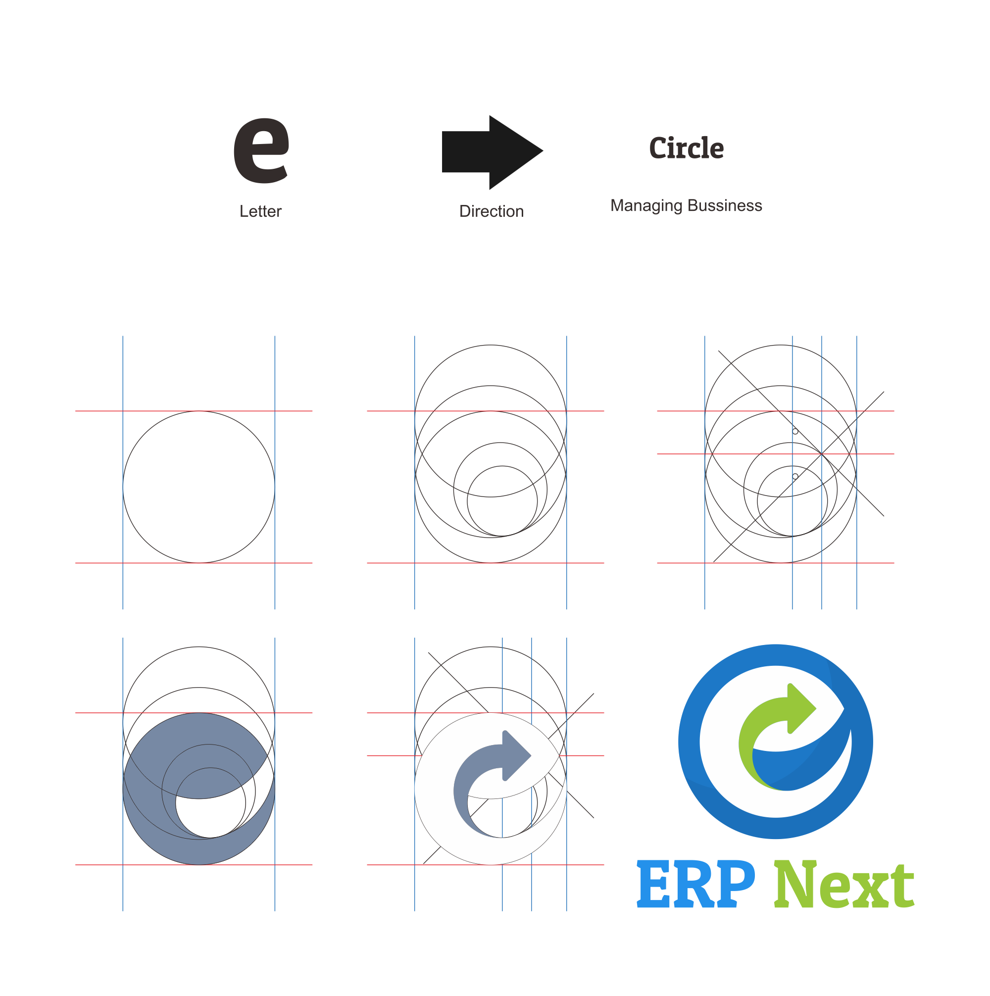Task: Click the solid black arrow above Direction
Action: click(490, 152)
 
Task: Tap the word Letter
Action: click(260, 211)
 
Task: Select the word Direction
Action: click(492, 211)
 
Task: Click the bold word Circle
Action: click(686, 149)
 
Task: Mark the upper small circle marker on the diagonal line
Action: click(795, 431)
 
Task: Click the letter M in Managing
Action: click(617, 206)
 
